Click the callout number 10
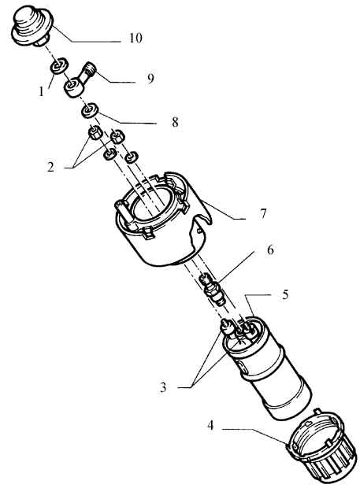pyautogui.click(x=135, y=38)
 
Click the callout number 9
pyautogui.click(x=150, y=79)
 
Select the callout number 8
pyautogui.click(x=176, y=122)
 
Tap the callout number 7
pyautogui.click(x=263, y=214)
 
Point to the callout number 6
pyautogui.click(x=270, y=250)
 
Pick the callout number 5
pyautogui.click(x=285, y=294)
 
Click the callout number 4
pyautogui.click(x=211, y=425)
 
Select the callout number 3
pyautogui.click(x=163, y=388)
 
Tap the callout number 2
pyautogui.click(x=50, y=167)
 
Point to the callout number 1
pyautogui.click(x=41, y=92)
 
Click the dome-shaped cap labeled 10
pyautogui.click(x=32, y=27)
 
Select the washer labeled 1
pyautogui.click(x=58, y=67)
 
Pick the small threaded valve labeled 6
pyautogui.click(x=213, y=290)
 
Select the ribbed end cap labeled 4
pyautogui.click(x=321, y=448)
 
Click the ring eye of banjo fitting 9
pyautogui.click(x=74, y=87)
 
